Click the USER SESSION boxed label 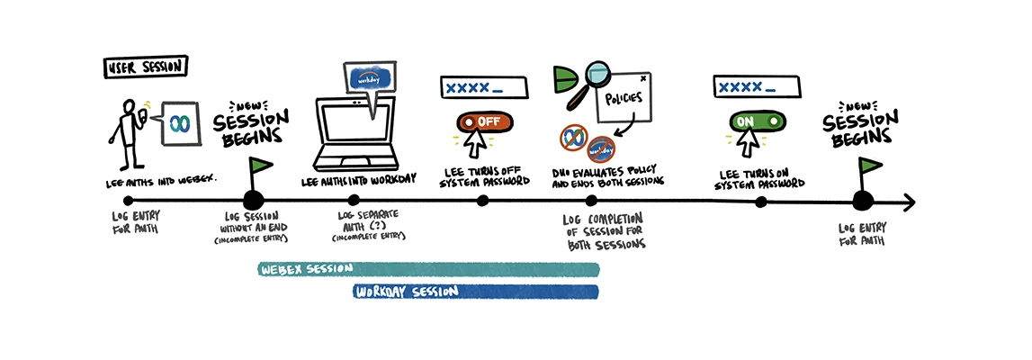144,68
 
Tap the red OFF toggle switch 483,121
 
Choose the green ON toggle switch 755,121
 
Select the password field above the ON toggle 757,86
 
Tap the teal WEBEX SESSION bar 428,268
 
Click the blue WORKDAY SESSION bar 476,292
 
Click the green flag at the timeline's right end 870,167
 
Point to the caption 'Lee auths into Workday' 354,181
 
